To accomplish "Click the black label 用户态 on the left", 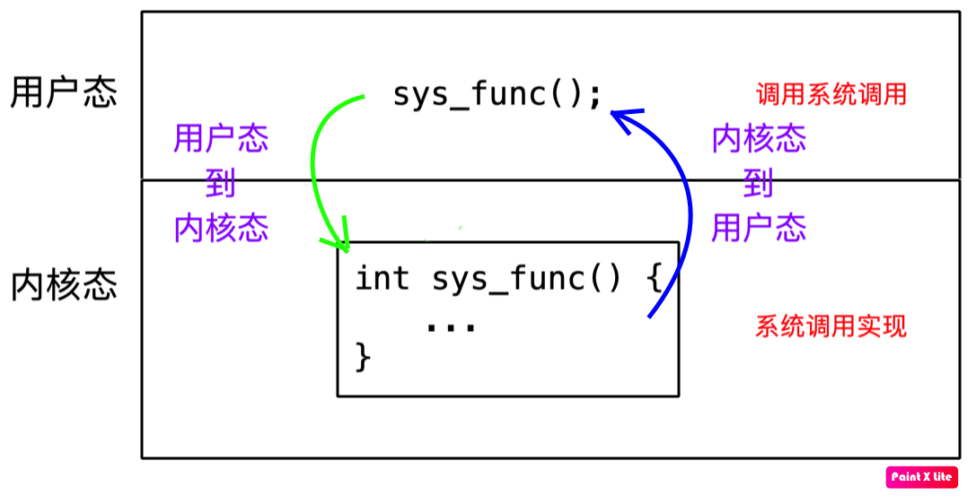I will point(64,93).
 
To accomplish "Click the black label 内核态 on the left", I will point(64,286).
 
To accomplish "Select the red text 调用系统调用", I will point(831,94).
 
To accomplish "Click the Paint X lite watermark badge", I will point(922,477).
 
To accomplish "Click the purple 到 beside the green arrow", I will point(221,184).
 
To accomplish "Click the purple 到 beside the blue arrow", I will point(759,184).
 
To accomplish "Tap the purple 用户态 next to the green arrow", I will point(221,139).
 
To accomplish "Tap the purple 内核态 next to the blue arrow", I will point(759,139).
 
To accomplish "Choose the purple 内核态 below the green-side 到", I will point(221,228).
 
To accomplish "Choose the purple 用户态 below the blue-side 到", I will point(759,228).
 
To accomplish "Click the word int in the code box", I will point(382,279).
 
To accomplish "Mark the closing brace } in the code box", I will point(364,356).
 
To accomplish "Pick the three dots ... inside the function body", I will point(450,326).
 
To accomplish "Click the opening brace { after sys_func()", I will point(654,279).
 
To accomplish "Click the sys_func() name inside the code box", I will point(525,279).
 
